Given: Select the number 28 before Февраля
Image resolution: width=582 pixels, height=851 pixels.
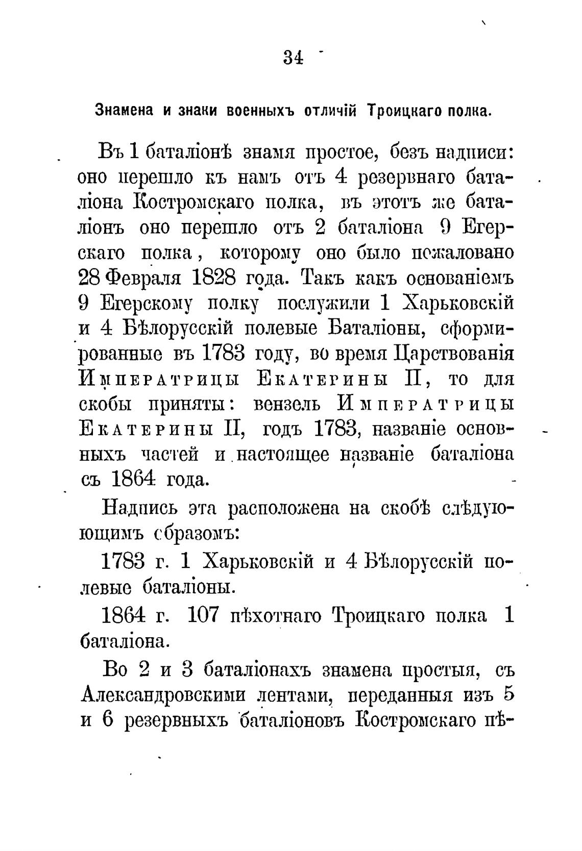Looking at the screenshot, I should coord(90,278).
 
